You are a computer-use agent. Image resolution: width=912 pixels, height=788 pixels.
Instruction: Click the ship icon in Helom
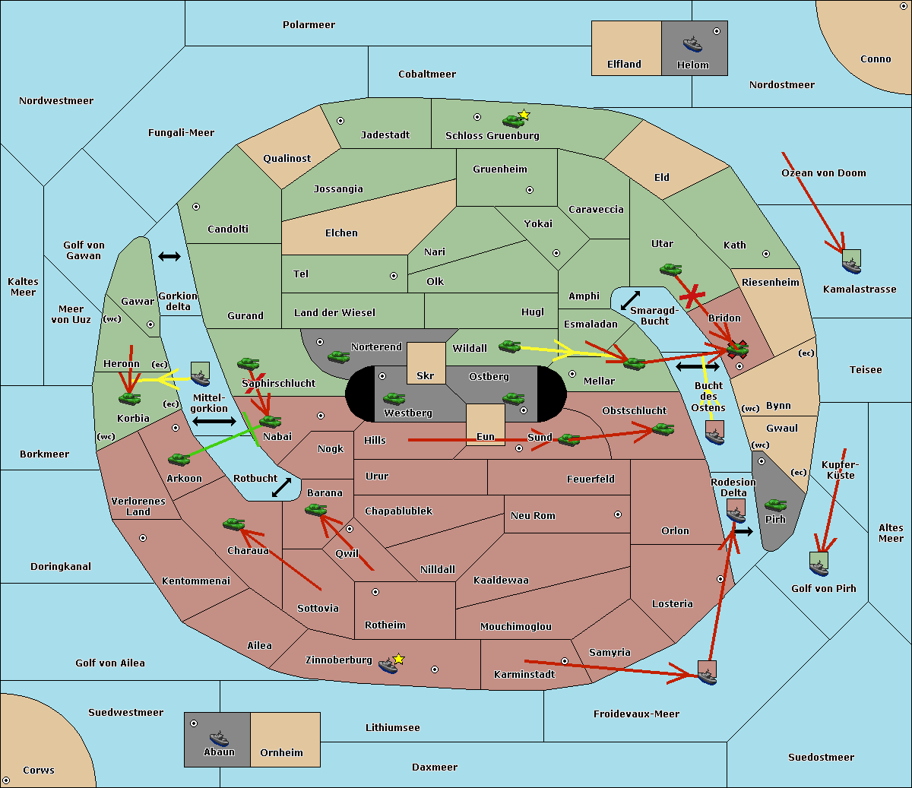692,44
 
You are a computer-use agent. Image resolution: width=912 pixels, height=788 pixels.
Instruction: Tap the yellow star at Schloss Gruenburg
524,116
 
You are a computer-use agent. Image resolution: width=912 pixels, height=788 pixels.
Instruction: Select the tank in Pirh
775,505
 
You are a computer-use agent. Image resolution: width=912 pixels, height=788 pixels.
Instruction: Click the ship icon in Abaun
219,738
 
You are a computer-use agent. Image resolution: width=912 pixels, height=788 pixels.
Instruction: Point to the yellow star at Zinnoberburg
398,659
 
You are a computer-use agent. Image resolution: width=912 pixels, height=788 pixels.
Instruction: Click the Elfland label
624,65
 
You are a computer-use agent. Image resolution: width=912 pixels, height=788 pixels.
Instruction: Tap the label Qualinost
287,158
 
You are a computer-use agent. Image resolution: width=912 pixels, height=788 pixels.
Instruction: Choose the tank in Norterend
338,357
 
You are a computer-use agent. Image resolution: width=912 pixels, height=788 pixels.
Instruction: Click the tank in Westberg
394,399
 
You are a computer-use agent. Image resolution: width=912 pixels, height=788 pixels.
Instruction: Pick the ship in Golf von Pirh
819,568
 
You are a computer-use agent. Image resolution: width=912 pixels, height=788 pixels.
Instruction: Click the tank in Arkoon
179,460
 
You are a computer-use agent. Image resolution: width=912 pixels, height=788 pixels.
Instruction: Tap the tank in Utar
670,269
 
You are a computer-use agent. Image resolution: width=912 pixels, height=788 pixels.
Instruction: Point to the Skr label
426,376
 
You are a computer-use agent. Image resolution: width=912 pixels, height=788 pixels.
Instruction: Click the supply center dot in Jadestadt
340,121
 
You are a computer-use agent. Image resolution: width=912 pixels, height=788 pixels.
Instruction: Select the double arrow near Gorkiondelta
169,256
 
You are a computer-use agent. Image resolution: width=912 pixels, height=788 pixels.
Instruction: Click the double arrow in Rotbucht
281,487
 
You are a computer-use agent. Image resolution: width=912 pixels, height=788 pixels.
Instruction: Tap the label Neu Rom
533,516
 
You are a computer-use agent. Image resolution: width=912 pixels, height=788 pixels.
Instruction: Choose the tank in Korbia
129,399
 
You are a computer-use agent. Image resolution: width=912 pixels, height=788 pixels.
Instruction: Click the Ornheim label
281,752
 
